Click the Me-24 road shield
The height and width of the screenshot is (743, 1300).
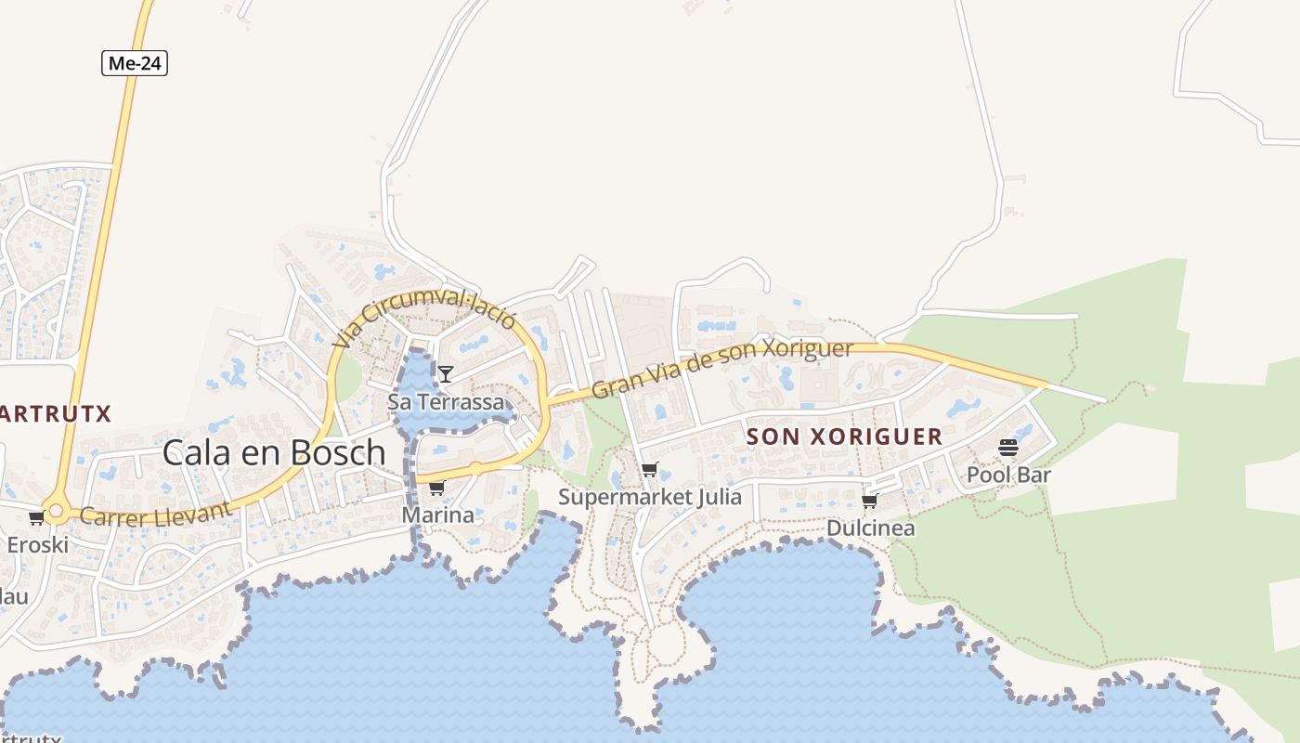tap(135, 63)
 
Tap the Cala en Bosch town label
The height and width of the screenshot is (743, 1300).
tap(274, 452)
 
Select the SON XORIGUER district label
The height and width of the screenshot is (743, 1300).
tap(844, 437)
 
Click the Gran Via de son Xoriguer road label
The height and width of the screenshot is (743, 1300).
tap(721, 369)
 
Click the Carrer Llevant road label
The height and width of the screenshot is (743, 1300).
tap(155, 514)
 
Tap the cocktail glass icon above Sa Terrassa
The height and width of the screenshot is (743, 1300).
tap(446, 374)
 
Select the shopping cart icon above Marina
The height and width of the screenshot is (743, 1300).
tap(436, 488)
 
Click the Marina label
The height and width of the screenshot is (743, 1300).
tap(437, 515)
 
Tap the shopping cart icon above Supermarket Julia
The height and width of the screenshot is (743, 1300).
tap(649, 470)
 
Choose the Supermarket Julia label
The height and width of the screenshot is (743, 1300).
tap(650, 497)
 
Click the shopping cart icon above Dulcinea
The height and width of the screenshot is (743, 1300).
tap(869, 502)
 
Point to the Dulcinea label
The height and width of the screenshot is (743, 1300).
tap(870, 528)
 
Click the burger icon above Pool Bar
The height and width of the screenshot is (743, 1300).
tap(1008, 449)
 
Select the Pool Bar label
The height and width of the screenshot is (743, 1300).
tap(1008, 476)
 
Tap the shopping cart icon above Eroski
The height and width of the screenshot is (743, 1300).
tap(36, 518)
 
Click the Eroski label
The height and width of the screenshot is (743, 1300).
tap(38, 545)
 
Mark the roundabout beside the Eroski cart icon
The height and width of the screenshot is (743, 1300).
tap(56, 510)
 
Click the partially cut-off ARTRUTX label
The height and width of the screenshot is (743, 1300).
tap(56, 414)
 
